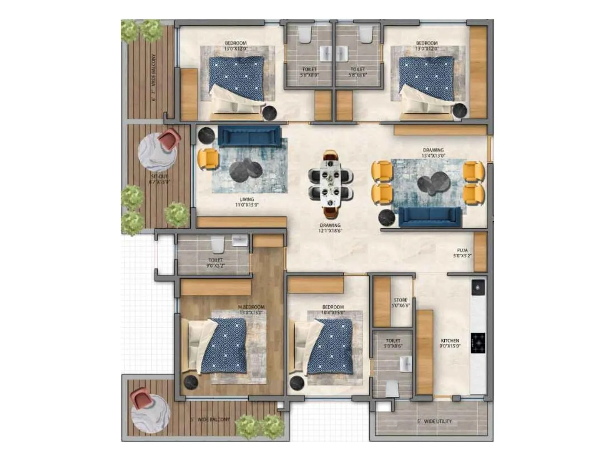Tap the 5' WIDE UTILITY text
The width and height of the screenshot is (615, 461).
[x=434, y=421]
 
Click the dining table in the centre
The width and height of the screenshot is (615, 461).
[x=331, y=181]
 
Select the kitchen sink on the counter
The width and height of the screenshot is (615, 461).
[x=478, y=287]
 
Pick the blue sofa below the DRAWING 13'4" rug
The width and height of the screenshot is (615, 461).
[x=430, y=217]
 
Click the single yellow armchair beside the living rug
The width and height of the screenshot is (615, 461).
[x=208, y=159]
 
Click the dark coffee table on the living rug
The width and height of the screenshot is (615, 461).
[x=246, y=170]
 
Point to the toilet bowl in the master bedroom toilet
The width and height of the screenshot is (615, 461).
[x=218, y=244]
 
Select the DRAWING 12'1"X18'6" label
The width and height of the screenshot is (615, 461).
[x=330, y=228]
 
